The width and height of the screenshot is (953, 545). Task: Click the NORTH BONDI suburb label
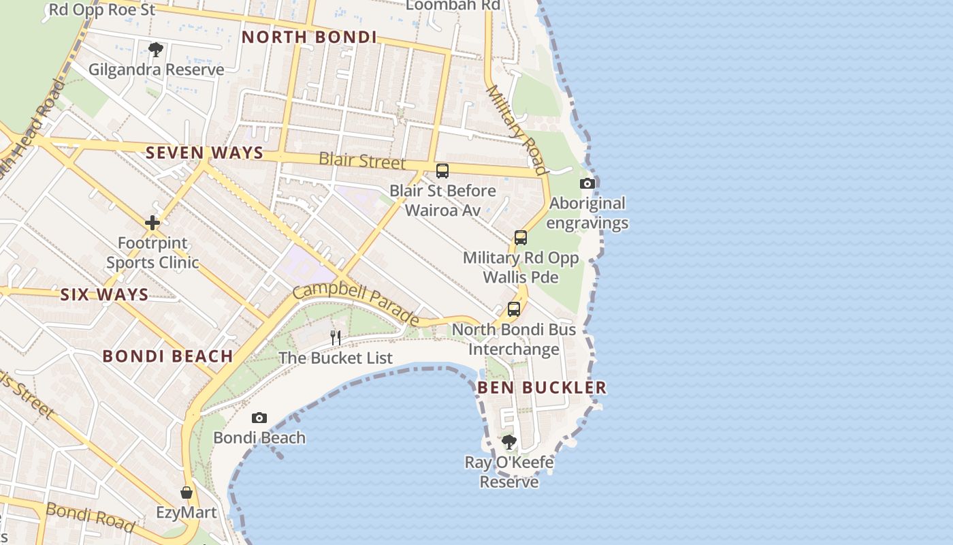click(x=309, y=37)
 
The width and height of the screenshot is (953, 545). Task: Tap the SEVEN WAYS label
click(x=204, y=153)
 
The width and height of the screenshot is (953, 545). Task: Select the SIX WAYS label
click(x=104, y=294)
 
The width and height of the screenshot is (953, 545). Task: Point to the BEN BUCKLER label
click(x=541, y=388)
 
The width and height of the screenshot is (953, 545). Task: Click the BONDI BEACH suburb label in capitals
click(x=167, y=356)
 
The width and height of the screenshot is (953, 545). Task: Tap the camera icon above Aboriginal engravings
click(x=587, y=183)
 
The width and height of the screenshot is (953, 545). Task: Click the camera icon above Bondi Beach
click(x=259, y=418)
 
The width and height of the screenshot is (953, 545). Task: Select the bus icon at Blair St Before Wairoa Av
click(x=442, y=170)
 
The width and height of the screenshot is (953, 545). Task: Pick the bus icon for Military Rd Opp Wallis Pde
click(x=520, y=238)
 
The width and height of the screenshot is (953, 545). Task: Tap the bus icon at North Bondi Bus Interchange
click(x=513, y=309)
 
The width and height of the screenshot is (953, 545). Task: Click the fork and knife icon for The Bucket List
click(x=335, y=337)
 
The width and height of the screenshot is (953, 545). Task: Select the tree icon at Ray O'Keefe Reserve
click(x=508, y=442)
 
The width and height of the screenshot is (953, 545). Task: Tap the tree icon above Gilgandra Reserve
click(x=156, y=49)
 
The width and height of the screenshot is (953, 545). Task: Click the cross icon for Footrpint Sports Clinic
click(x=152, y=223)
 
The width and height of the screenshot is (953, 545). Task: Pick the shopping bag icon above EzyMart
click(x=186, y=492)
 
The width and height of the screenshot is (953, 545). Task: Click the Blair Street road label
click(x=362, y=161)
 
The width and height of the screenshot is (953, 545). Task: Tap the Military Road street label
click(x=517, y=129)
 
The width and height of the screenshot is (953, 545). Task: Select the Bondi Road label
click(x=89, y=516)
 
